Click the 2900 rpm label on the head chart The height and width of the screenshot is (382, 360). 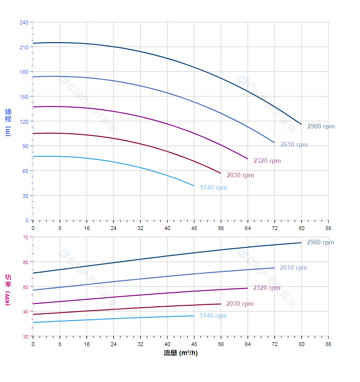[321, 127]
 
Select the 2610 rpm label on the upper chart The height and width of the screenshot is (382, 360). [294, 145]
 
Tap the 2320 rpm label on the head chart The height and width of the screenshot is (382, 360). [267, 161]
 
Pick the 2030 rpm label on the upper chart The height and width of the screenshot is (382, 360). [240, 175]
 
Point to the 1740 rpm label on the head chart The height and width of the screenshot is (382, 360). [214, 188]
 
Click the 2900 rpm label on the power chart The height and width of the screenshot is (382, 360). [320, 243]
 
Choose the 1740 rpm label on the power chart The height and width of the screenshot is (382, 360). [213, 316]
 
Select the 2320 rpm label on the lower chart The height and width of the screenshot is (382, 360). [267, 288]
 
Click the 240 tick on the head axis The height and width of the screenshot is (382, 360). [24, 23]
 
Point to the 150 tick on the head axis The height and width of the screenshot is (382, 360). [24, 97]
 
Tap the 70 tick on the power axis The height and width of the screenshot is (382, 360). [25, 237]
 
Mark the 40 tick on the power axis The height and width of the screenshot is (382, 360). [25, 312]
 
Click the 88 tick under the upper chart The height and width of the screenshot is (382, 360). [328, 228]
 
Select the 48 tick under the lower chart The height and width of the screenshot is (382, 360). [194, 344]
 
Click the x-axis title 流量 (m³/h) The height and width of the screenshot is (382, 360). [180, 353]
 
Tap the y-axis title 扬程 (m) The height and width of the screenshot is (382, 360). [8, 122]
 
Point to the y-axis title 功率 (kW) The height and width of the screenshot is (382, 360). [8, 289]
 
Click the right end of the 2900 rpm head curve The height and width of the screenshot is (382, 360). [301, 125]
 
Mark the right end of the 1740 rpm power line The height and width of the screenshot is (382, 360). [194, 315]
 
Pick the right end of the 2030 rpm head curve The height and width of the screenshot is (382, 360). [221, 174]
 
